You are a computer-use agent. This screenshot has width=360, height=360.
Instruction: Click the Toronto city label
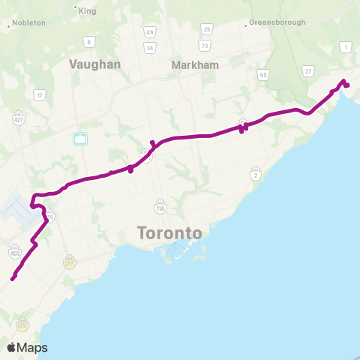coord(170,233)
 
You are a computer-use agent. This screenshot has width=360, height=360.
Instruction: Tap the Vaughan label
coord(94,64)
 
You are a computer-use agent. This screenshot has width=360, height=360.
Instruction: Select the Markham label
coord(195,64)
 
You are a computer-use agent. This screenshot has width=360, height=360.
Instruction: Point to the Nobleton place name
coord(28,23)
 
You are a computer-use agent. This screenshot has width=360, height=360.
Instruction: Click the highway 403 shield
coord(15,253)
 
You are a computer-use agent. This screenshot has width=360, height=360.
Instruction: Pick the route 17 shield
coord(39,94)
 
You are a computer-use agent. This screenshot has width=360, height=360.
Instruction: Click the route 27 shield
coord(308,70)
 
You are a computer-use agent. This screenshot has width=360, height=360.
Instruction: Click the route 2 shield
coord(256,174)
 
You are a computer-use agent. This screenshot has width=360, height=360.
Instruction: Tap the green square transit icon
coord(80,138)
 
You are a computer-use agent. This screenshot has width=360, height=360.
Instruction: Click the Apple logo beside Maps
coord(11,347)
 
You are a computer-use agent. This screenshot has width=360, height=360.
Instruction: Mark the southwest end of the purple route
coord(13,280)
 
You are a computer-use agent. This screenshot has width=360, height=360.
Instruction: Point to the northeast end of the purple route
coord(348,85)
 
